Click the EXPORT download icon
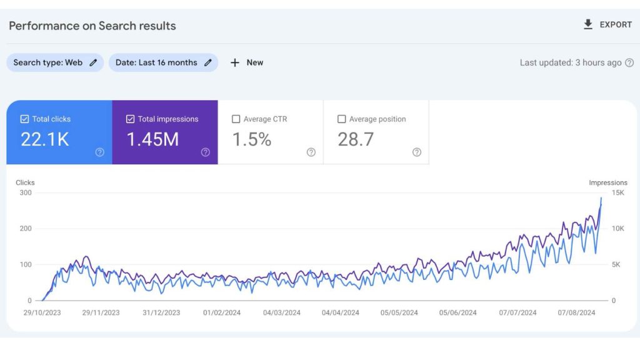coord(587,24)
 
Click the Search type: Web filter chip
coord(55,62)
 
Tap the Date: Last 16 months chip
coord(163,62)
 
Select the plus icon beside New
coord(235,62)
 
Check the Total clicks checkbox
coord(25,119)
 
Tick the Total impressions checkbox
coord(130,119)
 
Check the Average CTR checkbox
coord(236,119)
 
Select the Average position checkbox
coord(341,119)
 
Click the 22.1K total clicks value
coord(45,139)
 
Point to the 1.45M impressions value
coord(153,139)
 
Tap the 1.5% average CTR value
coord(252,139)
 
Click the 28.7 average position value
coord(356,139)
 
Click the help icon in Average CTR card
coord(311,152)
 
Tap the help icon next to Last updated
coord(629,62)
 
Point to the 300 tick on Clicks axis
coord(25,192)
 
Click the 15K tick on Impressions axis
coord(617,192)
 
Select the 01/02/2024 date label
coord(222,312)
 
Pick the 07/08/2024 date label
coord(576,312)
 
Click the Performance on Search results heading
coord(92,26)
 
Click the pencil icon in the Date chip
coord(208,62)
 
